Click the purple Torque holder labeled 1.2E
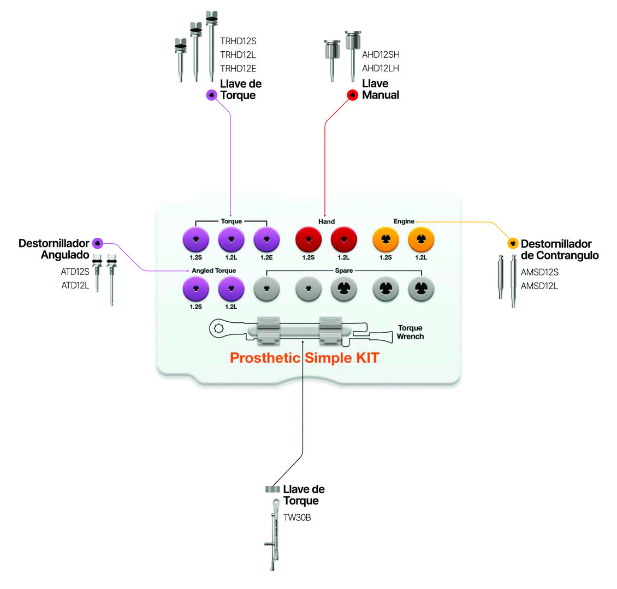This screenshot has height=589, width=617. [266, 239]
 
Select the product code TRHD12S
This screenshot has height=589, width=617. [238, 41]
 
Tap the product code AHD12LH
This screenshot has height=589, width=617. [381, 68]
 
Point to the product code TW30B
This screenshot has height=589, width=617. [297, 518]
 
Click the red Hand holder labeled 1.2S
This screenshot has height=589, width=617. [308, 239]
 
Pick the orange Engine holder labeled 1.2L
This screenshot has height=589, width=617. [421, 239]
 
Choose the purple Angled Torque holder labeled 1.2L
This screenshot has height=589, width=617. [231, 289]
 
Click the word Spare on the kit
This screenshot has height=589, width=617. [344, 271]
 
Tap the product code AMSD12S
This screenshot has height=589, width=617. [539, 272]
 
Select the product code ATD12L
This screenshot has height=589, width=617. [75, 285]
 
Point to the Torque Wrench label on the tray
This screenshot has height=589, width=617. [410, 332]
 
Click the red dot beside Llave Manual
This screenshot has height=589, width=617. [353, 95]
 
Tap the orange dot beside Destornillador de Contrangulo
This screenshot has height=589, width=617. [513, 244]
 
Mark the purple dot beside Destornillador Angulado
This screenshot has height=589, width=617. [98, 243]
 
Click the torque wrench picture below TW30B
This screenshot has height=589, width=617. [273, 540]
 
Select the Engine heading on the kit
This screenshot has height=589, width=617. [404, 221]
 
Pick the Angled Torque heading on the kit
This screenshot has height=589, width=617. [213, 271]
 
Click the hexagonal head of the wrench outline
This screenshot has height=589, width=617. [219, 329]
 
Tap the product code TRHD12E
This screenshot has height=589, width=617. [238, 68]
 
